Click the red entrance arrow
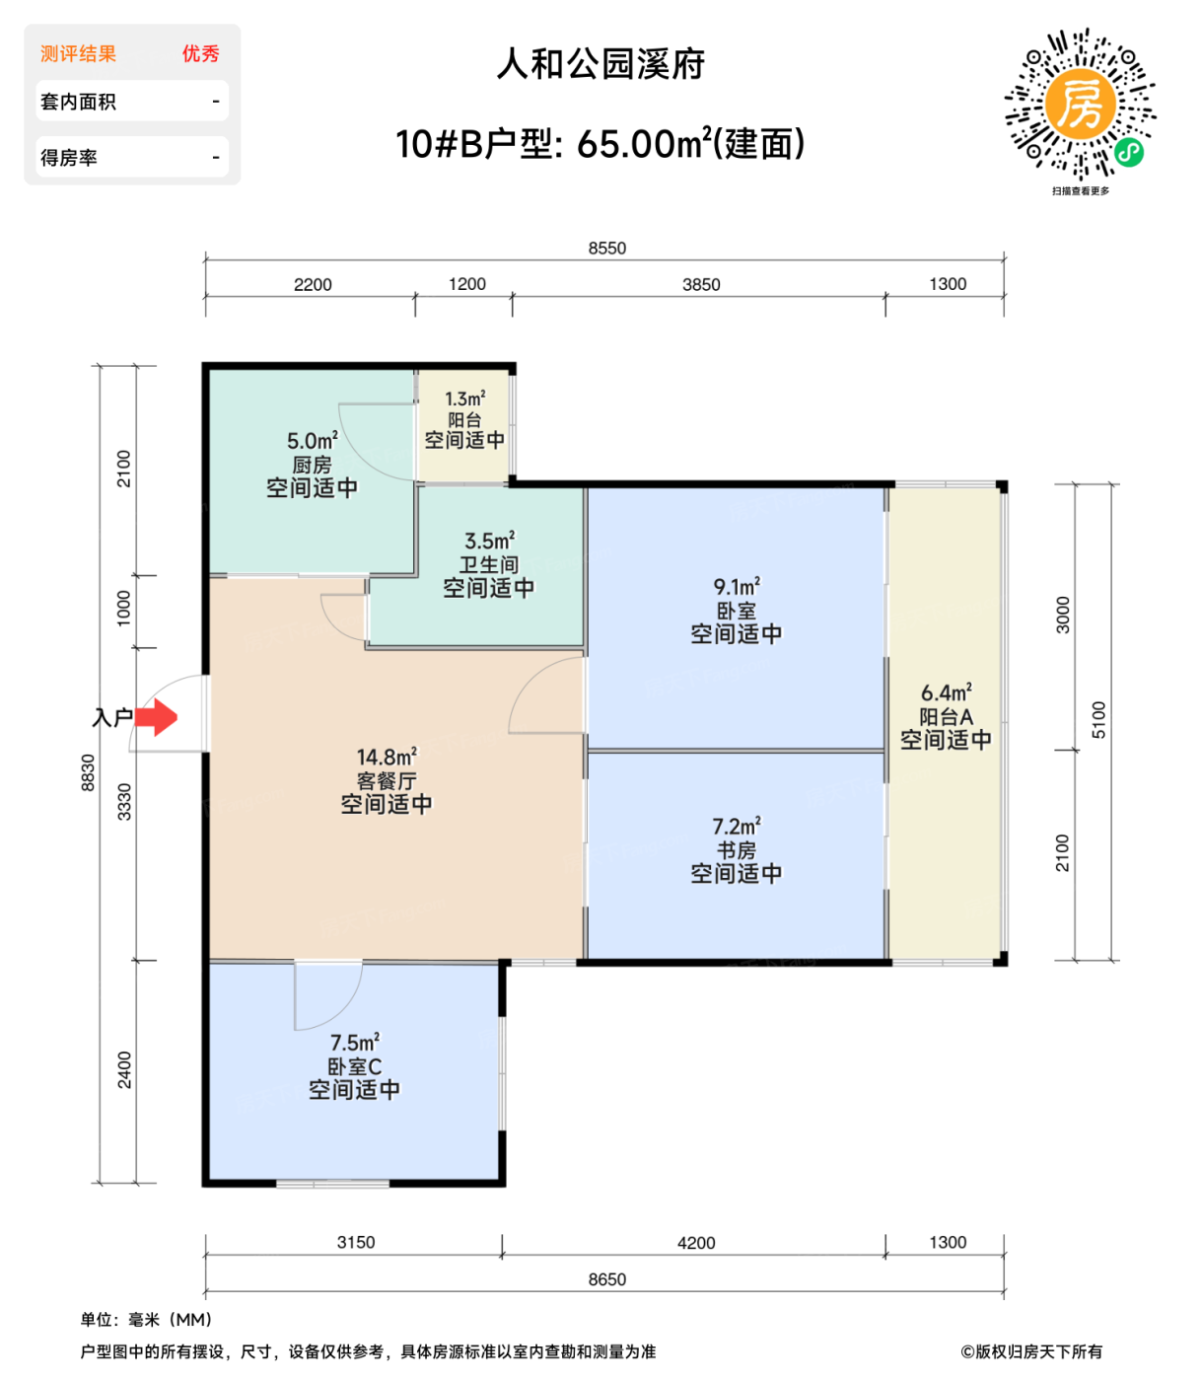(156, 717)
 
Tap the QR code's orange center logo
(1081, 105)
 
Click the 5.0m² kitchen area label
(312, 441)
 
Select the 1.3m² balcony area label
(464, 400)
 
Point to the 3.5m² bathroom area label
(489, 542)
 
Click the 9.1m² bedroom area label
(737, 587)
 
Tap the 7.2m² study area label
(737, 827)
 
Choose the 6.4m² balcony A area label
(946, 693)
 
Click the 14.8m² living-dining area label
(386, 758)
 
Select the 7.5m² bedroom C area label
(354, 1043)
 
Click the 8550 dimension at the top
(606, 249)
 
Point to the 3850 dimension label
(701, 285)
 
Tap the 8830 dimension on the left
(89, 772)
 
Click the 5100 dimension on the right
(1099, 720)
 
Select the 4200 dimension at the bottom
(696, 1243)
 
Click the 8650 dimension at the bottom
(606, 1279)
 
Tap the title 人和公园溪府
(600, 65)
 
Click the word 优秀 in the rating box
(200, 54)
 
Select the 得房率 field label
(69, 158)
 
